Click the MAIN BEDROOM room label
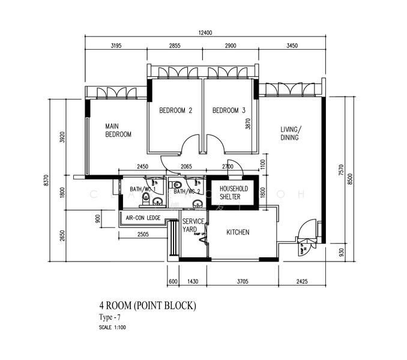click(x=118, y=130)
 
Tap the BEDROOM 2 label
click(x=175, y=110)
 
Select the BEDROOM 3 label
click(x=229, y=110)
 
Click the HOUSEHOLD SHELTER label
click(x=233, y=193)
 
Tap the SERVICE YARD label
click(x=193, y=225)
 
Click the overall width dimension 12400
click(x=203, y=32)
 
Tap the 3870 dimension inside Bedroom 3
click(x=247, y=124)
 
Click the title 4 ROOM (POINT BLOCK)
click(x=148, y=306)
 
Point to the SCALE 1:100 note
click(x=112, y=328)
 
